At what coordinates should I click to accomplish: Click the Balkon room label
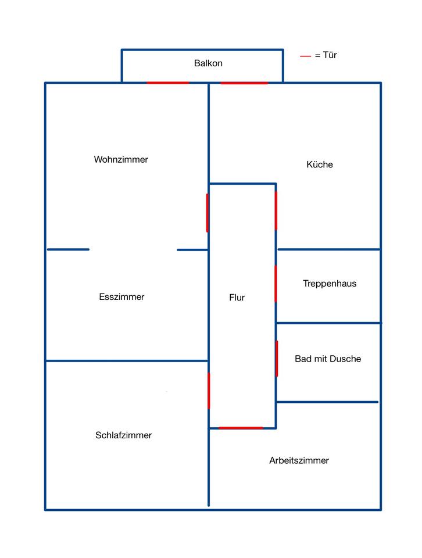(x=208, y=63)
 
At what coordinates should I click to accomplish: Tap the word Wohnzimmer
(x=121, y=159)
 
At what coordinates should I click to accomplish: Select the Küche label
(x=320, y=164)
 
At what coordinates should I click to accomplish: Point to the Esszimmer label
(x=121, y=297)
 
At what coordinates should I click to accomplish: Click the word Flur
(x=237, y=298)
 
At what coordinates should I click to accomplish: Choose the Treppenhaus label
(x=330, y=284)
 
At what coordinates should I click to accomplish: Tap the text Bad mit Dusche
(x=328, y=359)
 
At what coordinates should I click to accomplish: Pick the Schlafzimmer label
(x=123, y=435)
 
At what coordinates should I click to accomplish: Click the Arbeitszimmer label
(x=299, y=460)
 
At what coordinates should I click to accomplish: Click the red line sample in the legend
(x=305, y=56)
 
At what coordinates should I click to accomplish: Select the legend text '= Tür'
(x=326, y=55)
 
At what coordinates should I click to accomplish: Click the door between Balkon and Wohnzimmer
(x=168, y=83)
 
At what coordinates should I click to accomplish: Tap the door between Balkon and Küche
(x=244, y=83)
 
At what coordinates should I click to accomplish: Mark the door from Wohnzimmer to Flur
(x=208, y=213)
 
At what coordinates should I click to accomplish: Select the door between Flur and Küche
(x=276, y=210)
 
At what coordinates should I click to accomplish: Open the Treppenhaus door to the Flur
(x=276, y=284)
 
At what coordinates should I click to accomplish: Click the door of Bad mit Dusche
(x=277, y=359)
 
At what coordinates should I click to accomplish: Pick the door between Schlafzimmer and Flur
(x=209, y=391)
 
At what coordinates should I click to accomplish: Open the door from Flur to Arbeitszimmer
(x=241, y=428)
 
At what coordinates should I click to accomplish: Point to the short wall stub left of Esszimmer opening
(x=68, y=249)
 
